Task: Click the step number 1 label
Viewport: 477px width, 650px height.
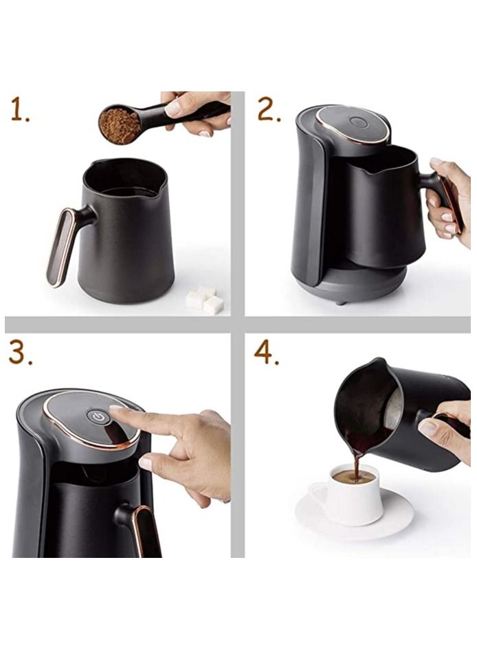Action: (x=21, y=109)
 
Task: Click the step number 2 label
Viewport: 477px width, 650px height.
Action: (x=269, y=109)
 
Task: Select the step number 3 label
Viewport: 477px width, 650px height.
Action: (x=21, y=353)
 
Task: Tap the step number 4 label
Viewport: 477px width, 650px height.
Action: (x=266, y=353)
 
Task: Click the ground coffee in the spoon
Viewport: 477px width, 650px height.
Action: (x=120, y=126)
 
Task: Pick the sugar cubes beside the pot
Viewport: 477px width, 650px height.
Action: (x=205, y=300)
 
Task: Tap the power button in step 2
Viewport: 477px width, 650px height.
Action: (x=357, y=122)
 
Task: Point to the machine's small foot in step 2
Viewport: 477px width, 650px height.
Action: (x=340, y=302)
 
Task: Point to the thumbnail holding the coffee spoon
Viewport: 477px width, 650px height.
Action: (x=173, y=109)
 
